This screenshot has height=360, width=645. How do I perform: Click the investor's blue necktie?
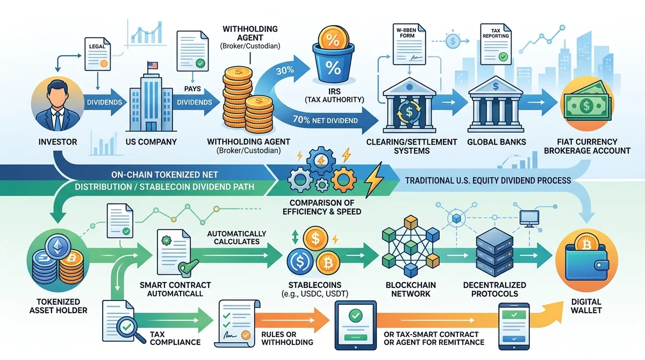(x=58, y=121)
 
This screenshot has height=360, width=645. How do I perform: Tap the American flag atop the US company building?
(x=152, y=66)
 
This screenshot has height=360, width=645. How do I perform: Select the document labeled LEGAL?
(x=97, y=54)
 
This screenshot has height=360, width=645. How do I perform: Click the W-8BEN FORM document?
(x=409, y=44)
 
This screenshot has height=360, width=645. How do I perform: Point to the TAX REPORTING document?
(x=496, y=44)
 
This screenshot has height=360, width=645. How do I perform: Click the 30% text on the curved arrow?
(x=285, y=70)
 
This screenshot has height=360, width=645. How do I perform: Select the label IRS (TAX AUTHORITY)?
(x=334, y=96)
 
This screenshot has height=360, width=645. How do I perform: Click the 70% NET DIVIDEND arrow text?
(x=325, y=120)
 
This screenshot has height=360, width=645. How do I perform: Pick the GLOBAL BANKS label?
(x=497, y=142)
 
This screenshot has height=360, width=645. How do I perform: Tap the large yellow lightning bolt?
(x=374, y=179)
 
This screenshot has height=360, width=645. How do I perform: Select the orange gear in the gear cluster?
(x=343, y=180)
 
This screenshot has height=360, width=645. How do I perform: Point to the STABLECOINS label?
(x=315, y=285)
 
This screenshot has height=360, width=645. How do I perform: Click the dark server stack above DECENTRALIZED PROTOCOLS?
(x=494, y=252)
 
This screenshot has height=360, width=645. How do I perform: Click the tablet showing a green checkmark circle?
(x=356, y=325)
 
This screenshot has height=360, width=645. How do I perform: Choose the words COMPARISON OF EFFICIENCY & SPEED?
(x=322, y=207)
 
